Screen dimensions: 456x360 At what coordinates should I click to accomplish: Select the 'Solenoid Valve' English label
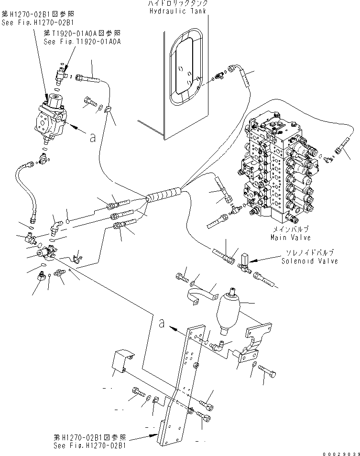coord(310,261)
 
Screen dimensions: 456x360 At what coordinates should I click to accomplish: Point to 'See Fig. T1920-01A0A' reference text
coord(82,42)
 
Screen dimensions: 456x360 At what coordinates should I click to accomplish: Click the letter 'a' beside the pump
coord(92,138)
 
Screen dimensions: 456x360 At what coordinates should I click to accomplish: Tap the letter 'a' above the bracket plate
coord(163,324)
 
